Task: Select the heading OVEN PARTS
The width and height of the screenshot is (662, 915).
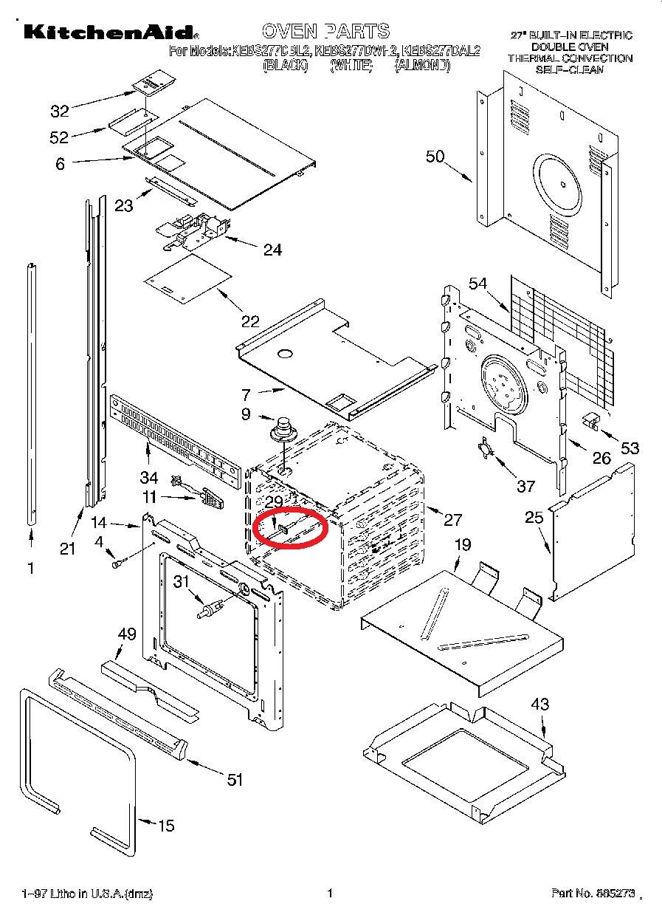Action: click(x=325, y=31)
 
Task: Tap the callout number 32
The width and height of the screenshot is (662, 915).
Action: click(x=60, y=111)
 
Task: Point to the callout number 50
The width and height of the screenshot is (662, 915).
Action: click(x=435, y=156)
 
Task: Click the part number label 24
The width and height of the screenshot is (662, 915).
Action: click(x=272, y=250)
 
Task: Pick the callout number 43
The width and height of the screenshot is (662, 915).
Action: click(x=540, y=704)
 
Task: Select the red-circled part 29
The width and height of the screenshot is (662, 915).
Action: click(x=290, y=528)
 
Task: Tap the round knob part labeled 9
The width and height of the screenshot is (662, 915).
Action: click(x=280, y=429)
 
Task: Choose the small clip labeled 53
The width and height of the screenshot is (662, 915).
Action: click(x=590, y=420)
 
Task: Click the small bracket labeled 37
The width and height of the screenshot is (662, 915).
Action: click(x=484, y=448)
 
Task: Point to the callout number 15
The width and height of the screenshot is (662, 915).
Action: click(x=167, y=825)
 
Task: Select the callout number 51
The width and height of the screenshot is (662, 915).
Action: click(x=235, y=779)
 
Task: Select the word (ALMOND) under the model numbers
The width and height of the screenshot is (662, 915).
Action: click(x=421, y=65)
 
